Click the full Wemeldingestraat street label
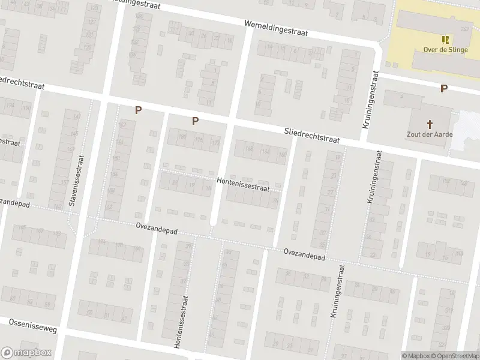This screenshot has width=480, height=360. click(x=275, y=28)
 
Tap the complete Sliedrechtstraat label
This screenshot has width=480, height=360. click(x=311, y=136)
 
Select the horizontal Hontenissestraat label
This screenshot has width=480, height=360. click(x=243, y=184)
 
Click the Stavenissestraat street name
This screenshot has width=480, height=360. click(x=76, y=180)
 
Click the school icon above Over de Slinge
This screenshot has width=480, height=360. click(x=445, y=40)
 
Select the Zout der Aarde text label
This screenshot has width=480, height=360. click(x=430, y=134)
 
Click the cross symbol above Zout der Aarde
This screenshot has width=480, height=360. click(x=430, y=124)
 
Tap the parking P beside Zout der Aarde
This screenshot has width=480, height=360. click(x=443, y=89)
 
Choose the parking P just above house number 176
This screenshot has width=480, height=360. click(x=195, y=121)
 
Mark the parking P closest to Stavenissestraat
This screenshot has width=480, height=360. click(x=138, y=110)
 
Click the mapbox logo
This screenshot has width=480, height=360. click(x=26, y=353)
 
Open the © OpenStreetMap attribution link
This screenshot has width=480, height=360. click(x=455, y=356)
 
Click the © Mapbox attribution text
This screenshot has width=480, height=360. click(x=416, y=356)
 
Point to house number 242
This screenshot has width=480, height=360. click(x=464, y=28)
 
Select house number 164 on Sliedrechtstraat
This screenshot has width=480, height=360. click(x=265, y=152)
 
